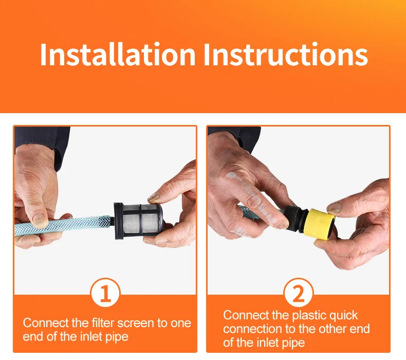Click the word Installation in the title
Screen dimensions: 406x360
pyautogui.click(x=118, y=55)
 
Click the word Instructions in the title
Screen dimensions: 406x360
pyautogui.click(x=286, y=55)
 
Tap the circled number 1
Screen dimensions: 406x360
pyautogui.click(x=105, y=293)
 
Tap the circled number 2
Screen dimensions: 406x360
pyautogui.click(x=299, y=293)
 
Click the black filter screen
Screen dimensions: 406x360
pyautogui.click(x=139, y=221)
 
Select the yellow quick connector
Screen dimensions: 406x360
pyautogui.click(x=320, y=223)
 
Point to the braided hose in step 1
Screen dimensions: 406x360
pyautogui.click(x=63, y=225)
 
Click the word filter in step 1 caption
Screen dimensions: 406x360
pyautogui.click(x=103, y=323)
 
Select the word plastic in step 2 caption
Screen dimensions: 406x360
pyautogui.click(x=307, y=316)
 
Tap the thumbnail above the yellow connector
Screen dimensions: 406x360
pyautogui.click(x=334, y=208)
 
